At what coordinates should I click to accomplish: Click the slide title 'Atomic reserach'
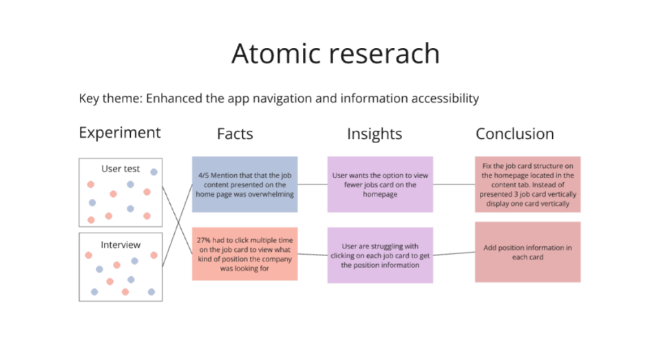pos(335,53)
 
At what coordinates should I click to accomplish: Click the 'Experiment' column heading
pos(120,133)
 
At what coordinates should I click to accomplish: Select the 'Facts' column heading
pos(235,134)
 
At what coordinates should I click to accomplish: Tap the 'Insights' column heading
pos(375,134)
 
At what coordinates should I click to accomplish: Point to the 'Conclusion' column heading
pos(515,134)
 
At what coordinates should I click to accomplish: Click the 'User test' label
pos(120,169)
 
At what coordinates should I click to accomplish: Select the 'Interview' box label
pos(120,245)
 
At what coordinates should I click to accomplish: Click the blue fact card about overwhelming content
pos(244,184)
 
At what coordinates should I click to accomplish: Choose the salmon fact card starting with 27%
pos(244,254)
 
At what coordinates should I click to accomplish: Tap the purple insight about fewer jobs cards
pos(380,184)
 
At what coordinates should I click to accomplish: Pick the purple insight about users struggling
pos(380,255)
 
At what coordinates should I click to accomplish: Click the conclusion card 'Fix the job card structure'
pos(527,184)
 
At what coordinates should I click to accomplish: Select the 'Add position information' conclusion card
pos(527,252)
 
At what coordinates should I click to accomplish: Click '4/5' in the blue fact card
pos(203,176)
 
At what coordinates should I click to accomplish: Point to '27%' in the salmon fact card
pos(203,240)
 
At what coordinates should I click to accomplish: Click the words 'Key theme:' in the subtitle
pos(111,98)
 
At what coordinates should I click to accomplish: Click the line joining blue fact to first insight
pos(313,184)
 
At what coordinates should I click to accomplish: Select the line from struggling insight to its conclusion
pos(454,253)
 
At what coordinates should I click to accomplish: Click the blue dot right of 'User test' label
pos(154,171)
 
